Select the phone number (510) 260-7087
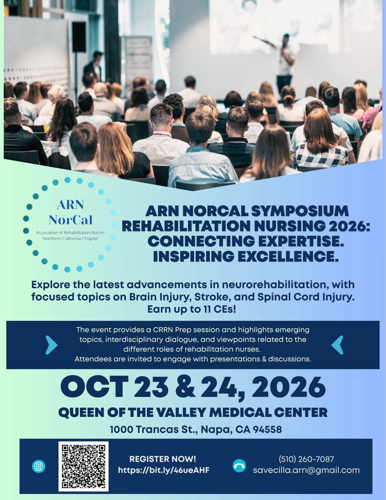click(x=306, y=459)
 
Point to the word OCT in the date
click(x=94, y=387)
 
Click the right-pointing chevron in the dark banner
click(x=51, y=345)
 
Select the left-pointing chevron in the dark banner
click(x=337, y=345)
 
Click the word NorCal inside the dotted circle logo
click(x=71, y=220)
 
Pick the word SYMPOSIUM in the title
click(x=300, y=211)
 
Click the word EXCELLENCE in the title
click(x=288, y=256)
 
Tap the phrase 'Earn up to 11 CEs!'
click(x=192, y=309)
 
